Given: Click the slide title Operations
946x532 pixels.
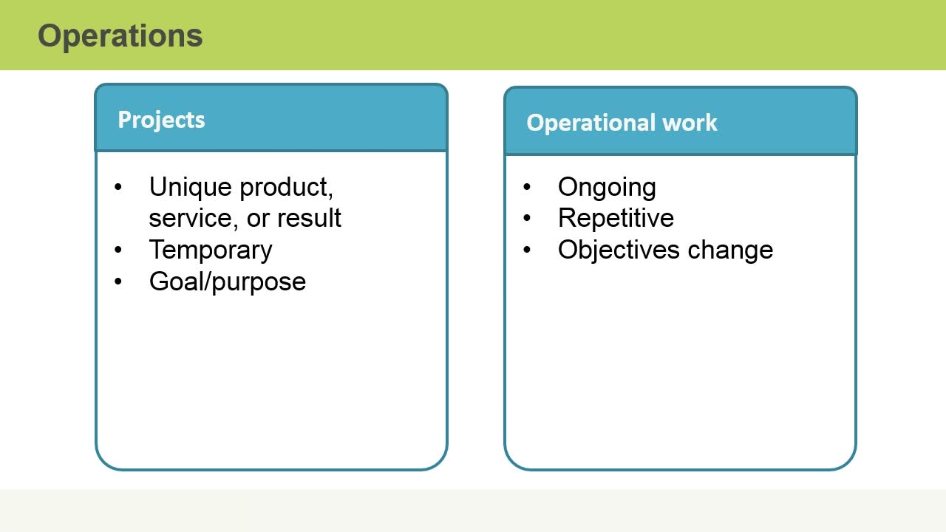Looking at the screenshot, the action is pos(120,37).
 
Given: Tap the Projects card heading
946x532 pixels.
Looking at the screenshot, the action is pos(161,120).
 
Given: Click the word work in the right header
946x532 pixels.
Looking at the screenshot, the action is pos(690,123).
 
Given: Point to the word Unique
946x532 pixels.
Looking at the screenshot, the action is pos(191,188).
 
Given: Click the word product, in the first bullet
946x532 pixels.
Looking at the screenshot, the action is pos(286,188).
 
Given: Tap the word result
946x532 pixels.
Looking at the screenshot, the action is pos(309,218).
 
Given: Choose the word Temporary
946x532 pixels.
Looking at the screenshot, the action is pos(211,250).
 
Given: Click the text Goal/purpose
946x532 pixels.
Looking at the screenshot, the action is pos(227,282).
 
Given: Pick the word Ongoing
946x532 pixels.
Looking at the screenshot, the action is pos(607,188).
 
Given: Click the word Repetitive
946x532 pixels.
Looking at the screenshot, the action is pos(616,218).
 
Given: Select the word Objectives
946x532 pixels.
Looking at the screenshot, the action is pos(619,250).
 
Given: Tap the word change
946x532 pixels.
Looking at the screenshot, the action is pos(730,250).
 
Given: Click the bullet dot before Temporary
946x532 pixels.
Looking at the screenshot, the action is pos(118,250).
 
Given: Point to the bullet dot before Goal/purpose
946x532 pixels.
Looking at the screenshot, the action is pos(118,282).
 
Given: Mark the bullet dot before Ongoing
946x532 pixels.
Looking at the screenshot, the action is pos(527,187).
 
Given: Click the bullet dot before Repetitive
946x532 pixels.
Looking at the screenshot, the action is pos(527,218).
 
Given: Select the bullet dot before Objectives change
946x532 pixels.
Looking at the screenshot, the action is pos(527,250).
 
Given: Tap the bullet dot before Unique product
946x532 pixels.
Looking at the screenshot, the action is pos(118,187).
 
